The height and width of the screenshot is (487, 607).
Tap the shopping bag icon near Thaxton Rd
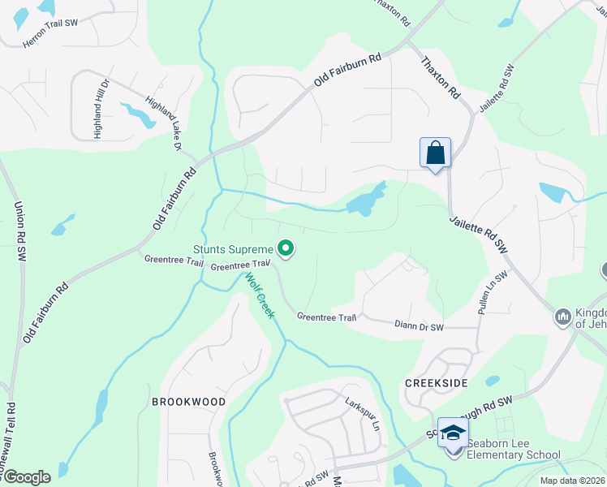(435, 153)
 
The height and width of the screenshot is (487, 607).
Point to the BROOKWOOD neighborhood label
(188, 402)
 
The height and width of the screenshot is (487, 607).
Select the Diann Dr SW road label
(419, 325)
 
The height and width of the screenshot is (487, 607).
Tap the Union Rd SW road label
(19, 231)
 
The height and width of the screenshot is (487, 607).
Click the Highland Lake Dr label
(162, 124)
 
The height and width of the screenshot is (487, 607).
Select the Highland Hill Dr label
(102, 109)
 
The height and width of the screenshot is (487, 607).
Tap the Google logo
(26, 477)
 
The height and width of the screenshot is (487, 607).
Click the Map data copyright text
(572, 481)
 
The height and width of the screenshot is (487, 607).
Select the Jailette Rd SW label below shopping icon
(478, 235)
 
